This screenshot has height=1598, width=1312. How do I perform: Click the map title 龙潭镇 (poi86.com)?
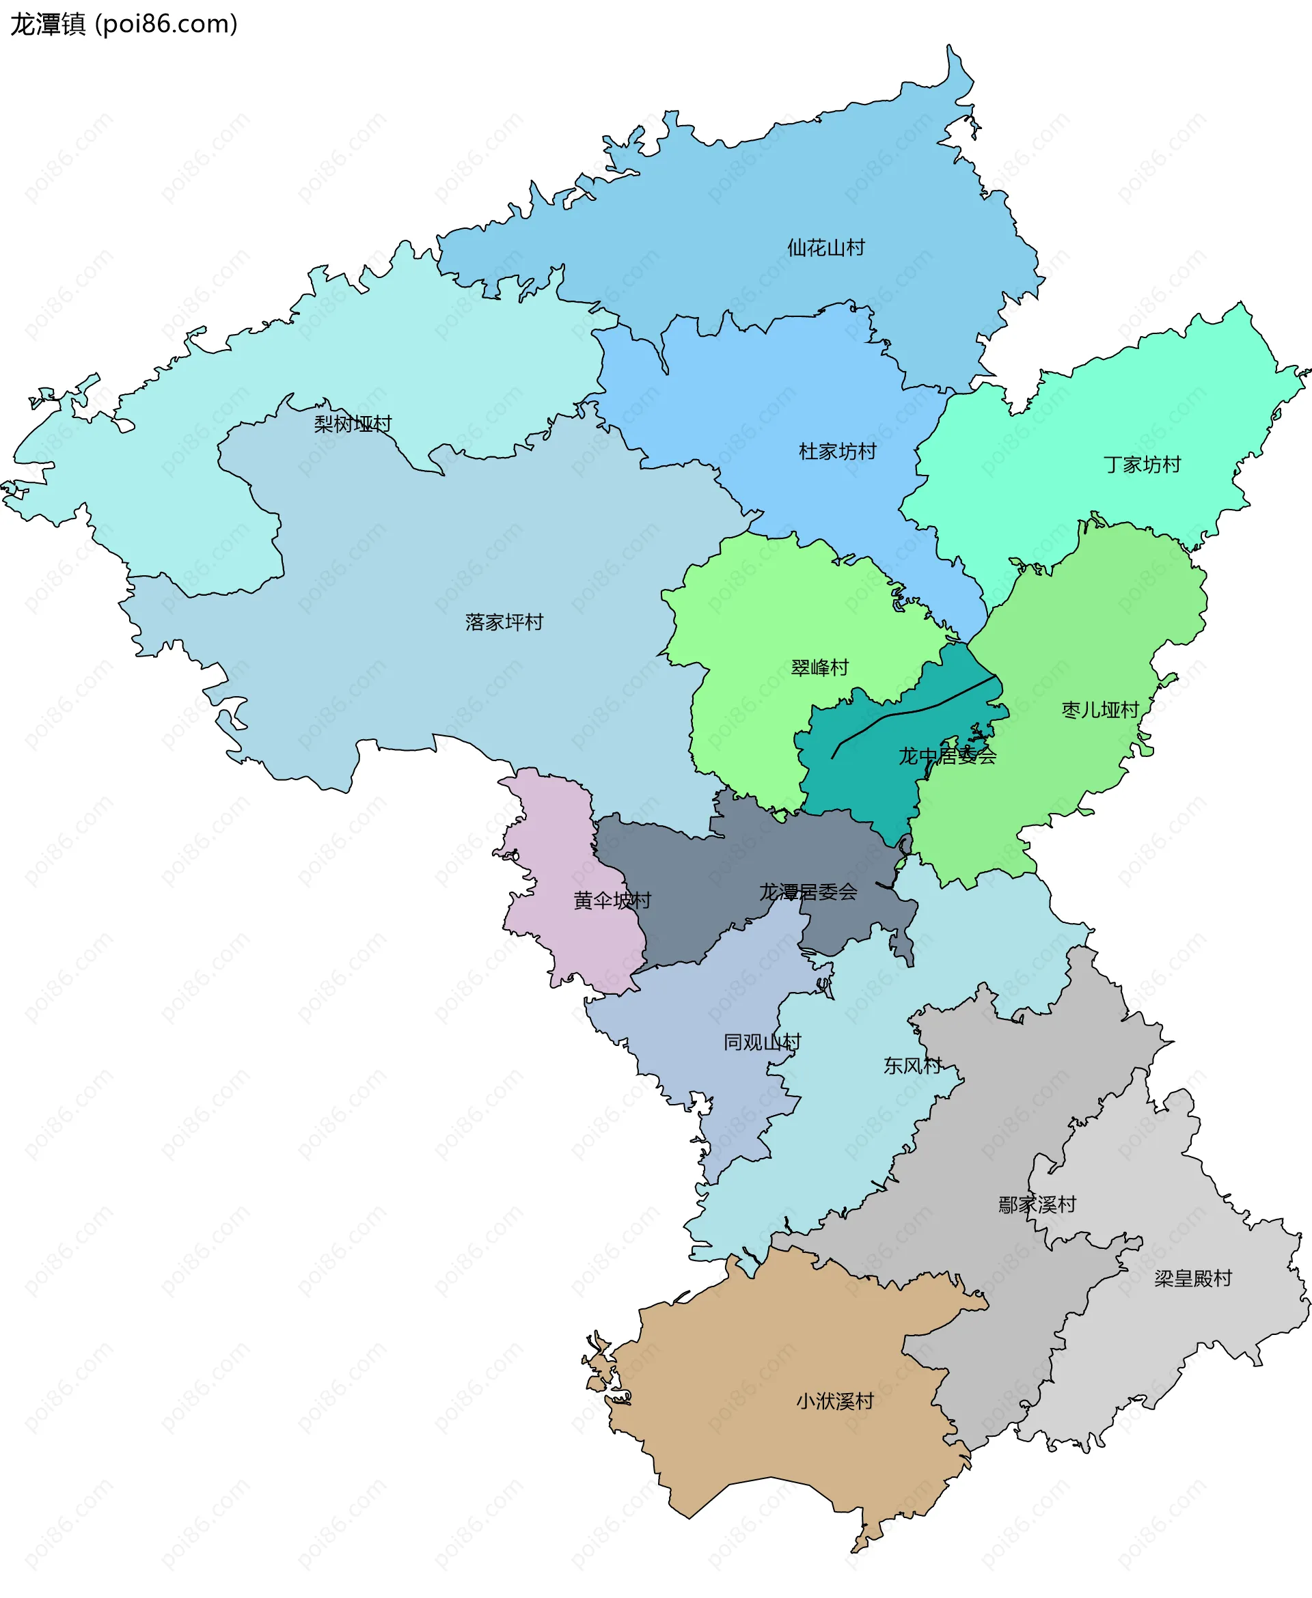pos(124,24)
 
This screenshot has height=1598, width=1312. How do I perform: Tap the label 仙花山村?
pos(825,248)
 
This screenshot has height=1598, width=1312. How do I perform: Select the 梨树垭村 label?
pos(353,424)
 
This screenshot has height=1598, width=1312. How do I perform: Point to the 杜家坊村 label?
pos(837,452)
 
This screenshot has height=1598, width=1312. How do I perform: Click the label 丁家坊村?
pos(1142,465)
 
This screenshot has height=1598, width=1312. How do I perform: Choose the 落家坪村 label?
pos(504,622)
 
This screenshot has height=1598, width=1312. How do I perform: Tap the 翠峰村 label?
pos(819,668)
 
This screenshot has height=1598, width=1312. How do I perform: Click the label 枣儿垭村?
pos(1099,711)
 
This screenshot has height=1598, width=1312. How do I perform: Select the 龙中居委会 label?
pos(947,756)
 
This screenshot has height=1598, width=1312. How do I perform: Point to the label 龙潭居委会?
pos(808,892)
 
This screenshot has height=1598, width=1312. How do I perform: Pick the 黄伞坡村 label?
pos(612,900)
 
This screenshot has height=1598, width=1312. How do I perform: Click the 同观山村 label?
pos(762,1043)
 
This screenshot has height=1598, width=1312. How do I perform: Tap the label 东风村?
pos(912,1066)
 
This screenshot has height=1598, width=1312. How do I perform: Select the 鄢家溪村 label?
pos(1037,1205)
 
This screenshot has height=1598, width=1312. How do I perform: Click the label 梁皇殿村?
pos(1192,1278)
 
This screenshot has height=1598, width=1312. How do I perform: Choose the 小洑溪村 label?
pos(835,1401)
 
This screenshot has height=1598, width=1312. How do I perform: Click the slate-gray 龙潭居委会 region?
pos(680,892)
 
